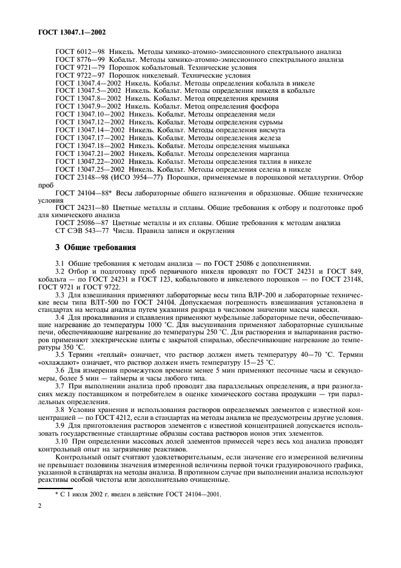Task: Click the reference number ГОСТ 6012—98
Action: tap(78, 52)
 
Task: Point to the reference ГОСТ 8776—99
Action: tap(78, 60)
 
